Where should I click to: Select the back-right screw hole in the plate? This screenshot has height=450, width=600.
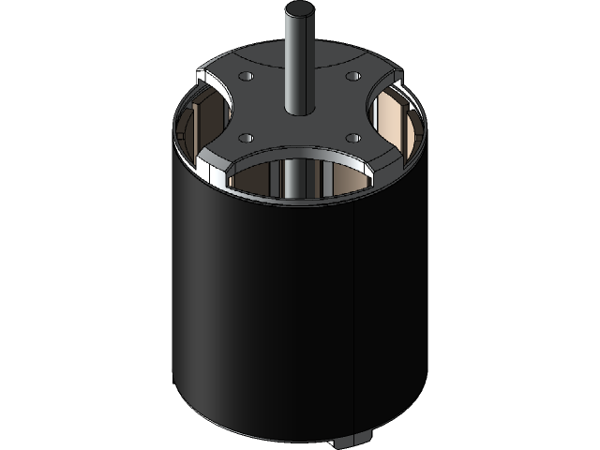pos(353,76)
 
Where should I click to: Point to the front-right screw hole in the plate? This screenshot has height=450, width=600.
pos(352,138)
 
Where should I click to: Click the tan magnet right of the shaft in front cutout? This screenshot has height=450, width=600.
pos(337,183)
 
